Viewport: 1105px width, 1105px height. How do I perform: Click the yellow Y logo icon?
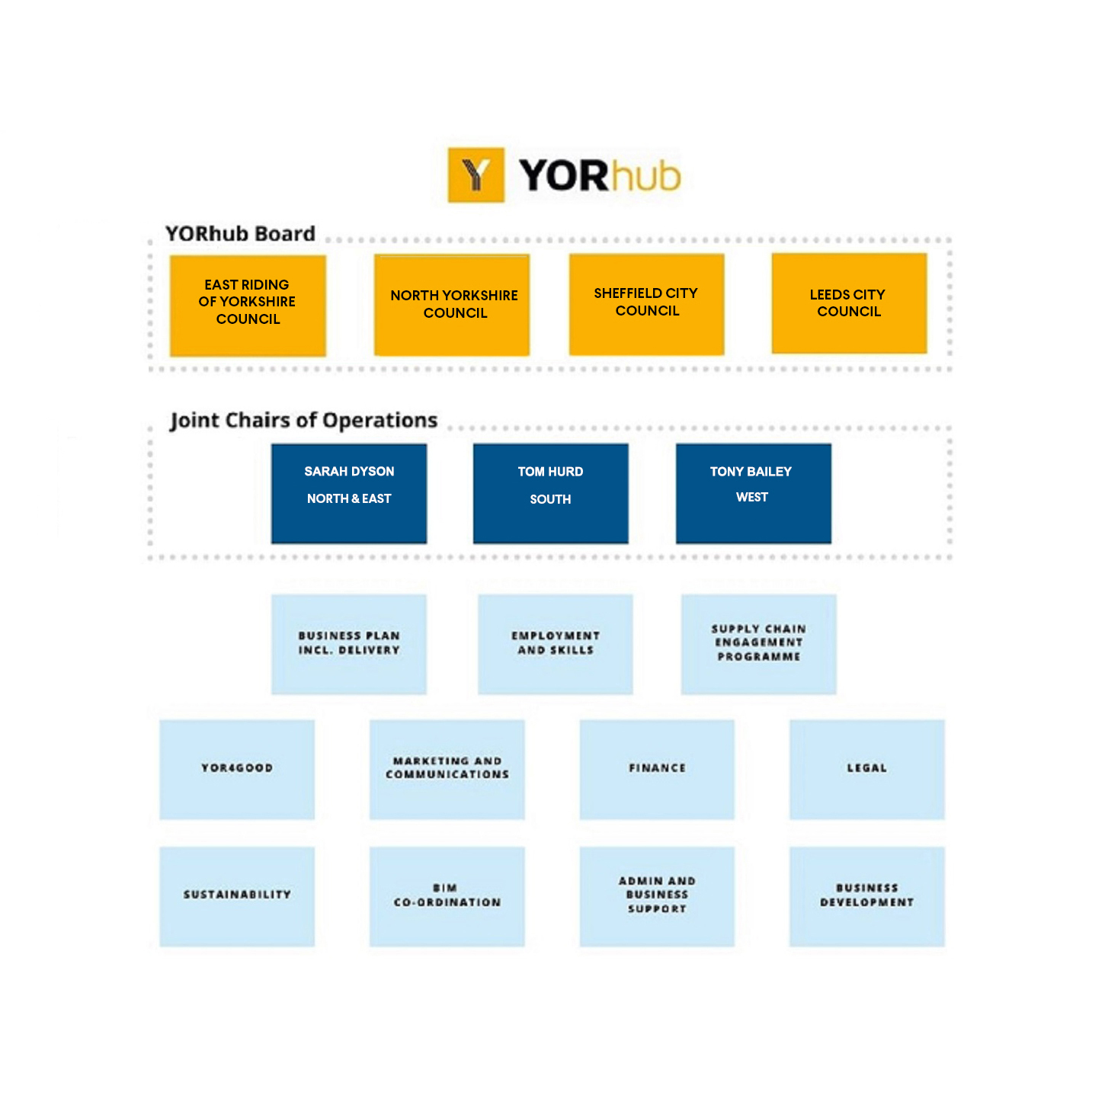click(x=476, y=175)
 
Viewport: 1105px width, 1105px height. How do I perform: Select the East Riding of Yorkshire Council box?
click(x=248, y=305)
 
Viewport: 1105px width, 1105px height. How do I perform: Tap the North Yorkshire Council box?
click(x=452, y=305)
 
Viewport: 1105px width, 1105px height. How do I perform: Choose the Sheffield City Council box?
click(x=646, y=304)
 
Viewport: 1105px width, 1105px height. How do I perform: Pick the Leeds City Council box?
click(x=849, y=303)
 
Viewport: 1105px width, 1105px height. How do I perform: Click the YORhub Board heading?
click(x=240, y=233)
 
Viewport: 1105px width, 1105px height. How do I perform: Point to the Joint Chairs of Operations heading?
click(x=303, y=420)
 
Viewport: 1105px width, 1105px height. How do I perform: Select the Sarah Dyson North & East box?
click(x=349, y=493)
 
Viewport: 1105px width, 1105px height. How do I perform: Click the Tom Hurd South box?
click(x=550, y=493)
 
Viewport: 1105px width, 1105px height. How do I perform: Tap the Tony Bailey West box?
click(x=753, y=493)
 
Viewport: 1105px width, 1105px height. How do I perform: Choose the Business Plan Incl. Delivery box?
click(x=349, y=644)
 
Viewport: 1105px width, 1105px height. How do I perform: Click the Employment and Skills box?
click(x=555, y=644)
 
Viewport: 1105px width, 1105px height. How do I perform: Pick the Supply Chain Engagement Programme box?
click(x=758, y=644)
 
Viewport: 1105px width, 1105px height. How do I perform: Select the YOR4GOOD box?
click(x=237, y=770)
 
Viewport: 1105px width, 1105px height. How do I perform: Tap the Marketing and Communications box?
click(x=447, y=770)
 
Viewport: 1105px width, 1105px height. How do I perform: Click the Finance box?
click(x=657, y=770)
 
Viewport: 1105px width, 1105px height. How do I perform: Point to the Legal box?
click(x=866, y=770)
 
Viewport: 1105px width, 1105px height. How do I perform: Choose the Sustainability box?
click(x=237, y=896)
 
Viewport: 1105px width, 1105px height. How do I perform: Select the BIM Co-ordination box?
click(x=447, y=896)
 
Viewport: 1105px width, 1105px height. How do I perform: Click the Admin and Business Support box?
click(x=657, y=896)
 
